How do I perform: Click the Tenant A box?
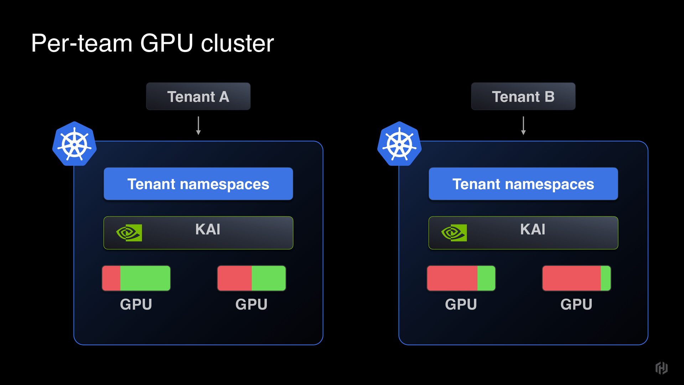click(198, 97)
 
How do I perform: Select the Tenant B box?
click(523, 97)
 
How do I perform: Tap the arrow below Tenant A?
click(198, 125)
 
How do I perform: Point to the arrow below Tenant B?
click(523, 125)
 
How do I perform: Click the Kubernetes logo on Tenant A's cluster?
click(74, 144)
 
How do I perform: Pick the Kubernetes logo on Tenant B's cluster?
click(399, 144)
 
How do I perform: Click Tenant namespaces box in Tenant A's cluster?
click(198, 184)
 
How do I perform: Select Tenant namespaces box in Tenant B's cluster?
click(523, 184)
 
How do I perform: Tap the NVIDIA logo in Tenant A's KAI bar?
click(129, 233)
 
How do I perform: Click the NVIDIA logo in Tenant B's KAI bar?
click(454, 233)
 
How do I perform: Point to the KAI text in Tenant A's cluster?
click(208, 229)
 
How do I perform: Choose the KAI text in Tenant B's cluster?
click(533, 229)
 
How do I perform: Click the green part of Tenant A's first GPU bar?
click(145, 278)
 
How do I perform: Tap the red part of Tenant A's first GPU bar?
click(112, 278)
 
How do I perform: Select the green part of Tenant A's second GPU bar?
click(268, 278)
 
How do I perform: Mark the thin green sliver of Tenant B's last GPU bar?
click(606, 278)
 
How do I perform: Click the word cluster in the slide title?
click(237, 43)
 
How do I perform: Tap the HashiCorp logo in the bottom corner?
click(661, 368)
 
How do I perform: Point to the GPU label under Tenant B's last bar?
click(576, 304)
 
